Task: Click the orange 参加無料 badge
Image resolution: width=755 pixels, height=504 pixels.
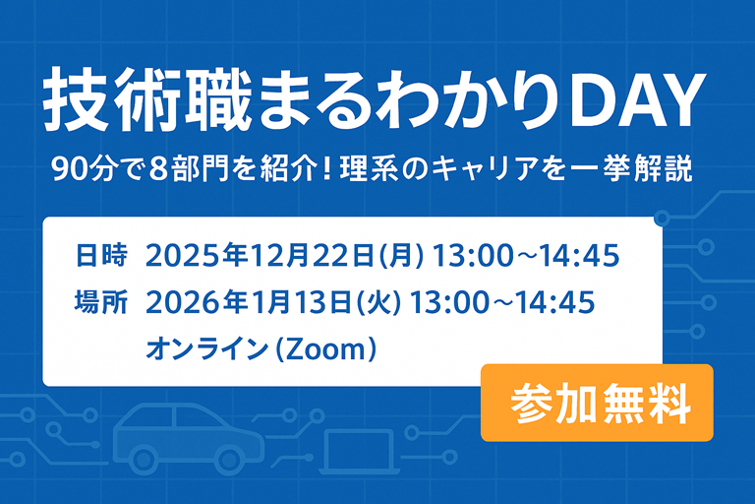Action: [x=597, y=403]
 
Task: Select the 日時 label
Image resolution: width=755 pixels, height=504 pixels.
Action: [x=101, y=257]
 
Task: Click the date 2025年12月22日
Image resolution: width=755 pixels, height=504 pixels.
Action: [x=262, y=257]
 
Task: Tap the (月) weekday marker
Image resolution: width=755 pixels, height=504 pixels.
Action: [x=404, y=257]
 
